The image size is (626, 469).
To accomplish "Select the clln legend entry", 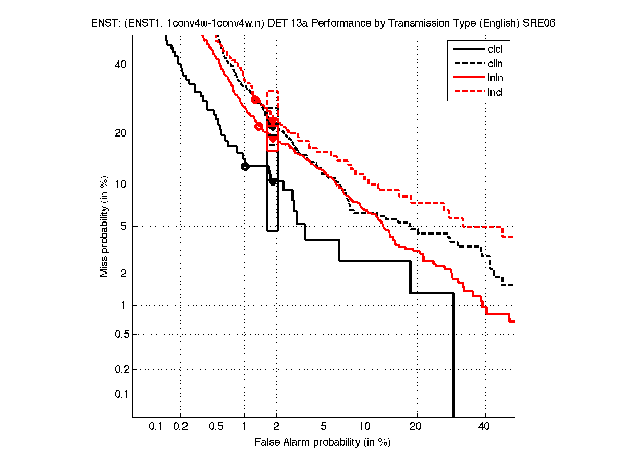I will coord(495,64).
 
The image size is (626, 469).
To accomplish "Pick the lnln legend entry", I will coord(495,79).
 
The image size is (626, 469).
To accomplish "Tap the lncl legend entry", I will coord(495,93).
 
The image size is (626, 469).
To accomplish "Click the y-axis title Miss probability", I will coord(105,226).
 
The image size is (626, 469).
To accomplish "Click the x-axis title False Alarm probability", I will coord(323,442).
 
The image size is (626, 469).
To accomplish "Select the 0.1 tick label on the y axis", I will coord(120,394).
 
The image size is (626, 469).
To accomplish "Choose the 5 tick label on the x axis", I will coord(324,426).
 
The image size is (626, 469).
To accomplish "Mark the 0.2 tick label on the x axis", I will coord(180,426).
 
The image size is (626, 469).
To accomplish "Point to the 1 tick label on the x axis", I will coord(244,426).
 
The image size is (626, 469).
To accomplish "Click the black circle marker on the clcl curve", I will coord(245,166).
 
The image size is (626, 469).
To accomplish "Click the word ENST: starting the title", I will coord(102,24).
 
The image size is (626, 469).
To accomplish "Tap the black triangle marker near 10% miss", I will coord(273,181).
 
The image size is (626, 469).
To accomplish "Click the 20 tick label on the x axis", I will coord(415,426).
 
